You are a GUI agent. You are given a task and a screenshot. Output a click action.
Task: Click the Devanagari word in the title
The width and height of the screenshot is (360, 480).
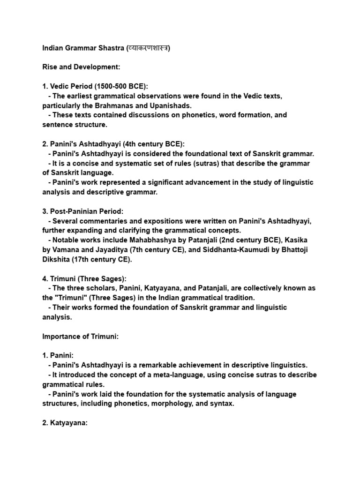click(146, 48)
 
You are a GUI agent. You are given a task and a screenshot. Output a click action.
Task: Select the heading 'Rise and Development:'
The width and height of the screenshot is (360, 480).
click(81, 67)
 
